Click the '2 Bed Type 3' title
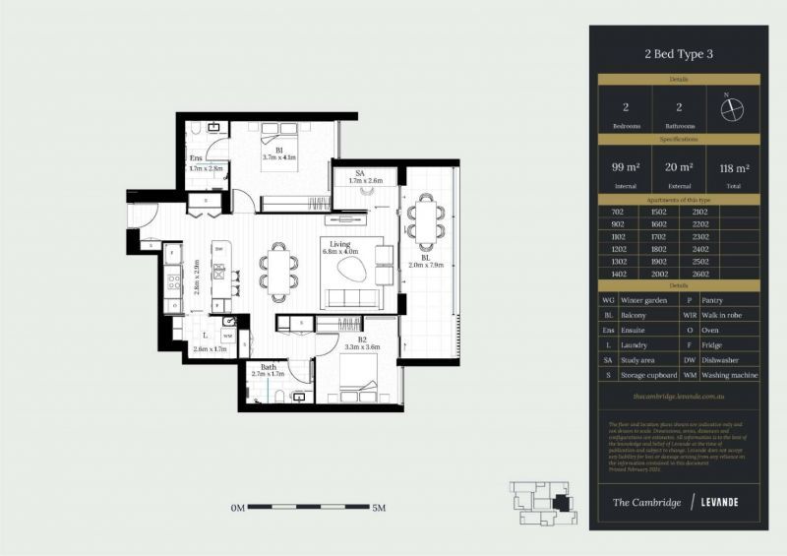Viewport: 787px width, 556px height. click(x=679, y=54)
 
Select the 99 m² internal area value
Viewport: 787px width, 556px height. click(x=625, y=167)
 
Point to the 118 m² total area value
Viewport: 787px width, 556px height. click(x=733, y=167)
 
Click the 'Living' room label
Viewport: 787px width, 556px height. click(x=340, y=243)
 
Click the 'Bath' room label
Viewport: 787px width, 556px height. click(x=269, y=366)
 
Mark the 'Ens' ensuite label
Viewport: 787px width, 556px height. click(x=196, y=157)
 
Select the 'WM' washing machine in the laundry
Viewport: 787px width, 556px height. click(x=227, y=336)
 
